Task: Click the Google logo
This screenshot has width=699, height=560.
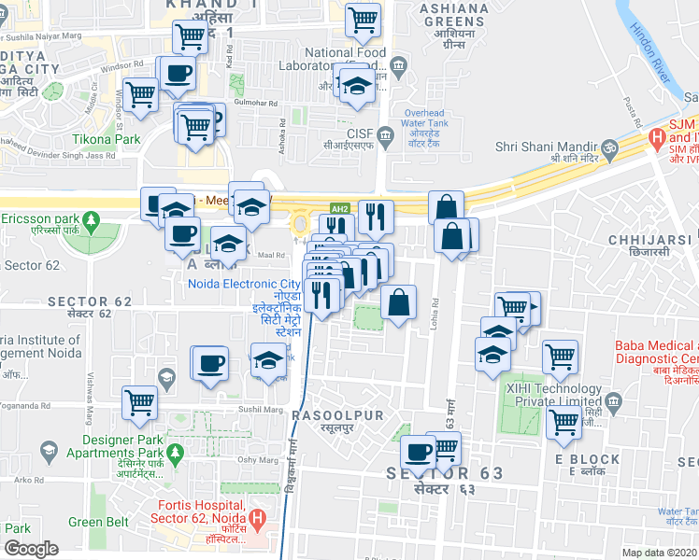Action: [31, 549]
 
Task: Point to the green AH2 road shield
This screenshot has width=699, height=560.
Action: [340, 208]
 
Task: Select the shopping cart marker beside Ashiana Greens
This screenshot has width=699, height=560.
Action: [363, 20]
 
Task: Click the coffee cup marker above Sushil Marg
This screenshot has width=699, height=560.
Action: [209, 362]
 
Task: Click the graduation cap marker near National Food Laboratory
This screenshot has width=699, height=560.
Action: [356, 86]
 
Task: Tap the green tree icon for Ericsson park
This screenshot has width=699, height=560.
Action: [91, 221]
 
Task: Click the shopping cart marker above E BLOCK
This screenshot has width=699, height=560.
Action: [563, 421]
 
